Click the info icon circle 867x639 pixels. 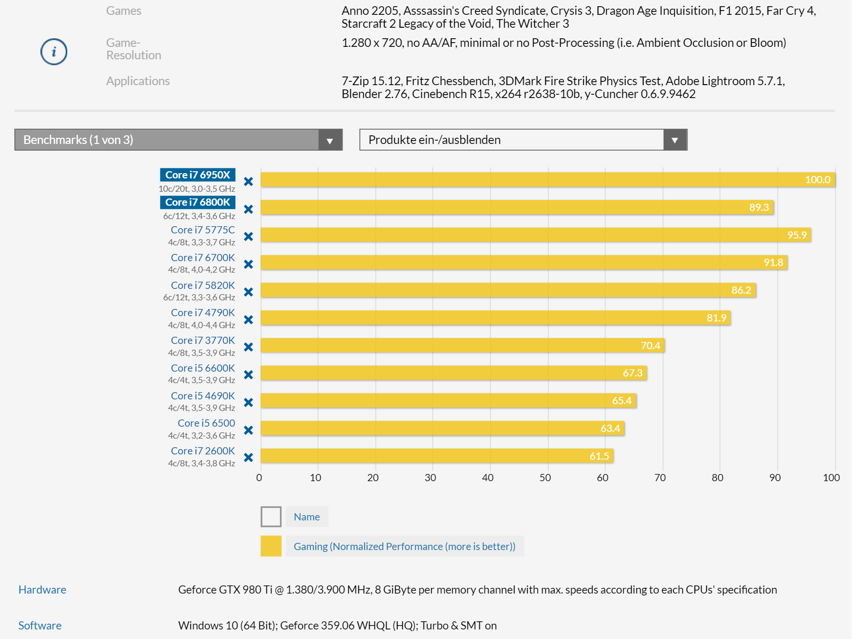click(x=54, y=52)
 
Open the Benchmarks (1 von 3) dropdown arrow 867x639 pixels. click(x=330, y=140)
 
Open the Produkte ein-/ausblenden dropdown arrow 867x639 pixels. click(x=675, y=140)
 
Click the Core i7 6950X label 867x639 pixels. click(x=198, y=175)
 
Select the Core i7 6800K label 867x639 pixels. click(x=198, y=202)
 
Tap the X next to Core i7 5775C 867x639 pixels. click(x=248, y=237)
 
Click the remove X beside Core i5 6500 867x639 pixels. click(x=248, y=430)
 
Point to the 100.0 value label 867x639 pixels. click(x=817, y=180)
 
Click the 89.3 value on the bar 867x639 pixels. click(x=759, y=208)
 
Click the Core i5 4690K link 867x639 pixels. click(x=203, y=396)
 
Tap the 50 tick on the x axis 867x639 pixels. click(x=545, y=478)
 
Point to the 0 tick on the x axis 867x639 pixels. click(x=259, y=478)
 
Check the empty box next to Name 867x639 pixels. click(x=271, y=517)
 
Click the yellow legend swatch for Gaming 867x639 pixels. click(x=271, y=546)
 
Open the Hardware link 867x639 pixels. click(x=42, y=590)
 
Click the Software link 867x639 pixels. click(x=40, y=626)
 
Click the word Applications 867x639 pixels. click(x=138, y=81)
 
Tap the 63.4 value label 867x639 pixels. click(x=610, y=429)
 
